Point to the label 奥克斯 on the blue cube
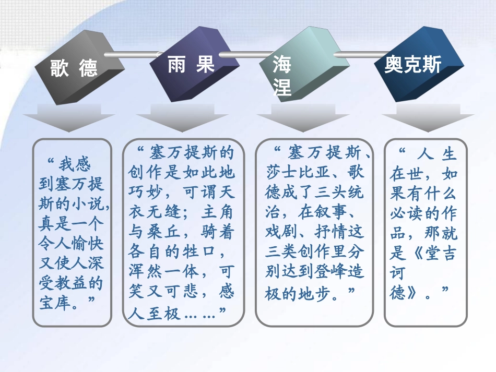pos(412,65)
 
